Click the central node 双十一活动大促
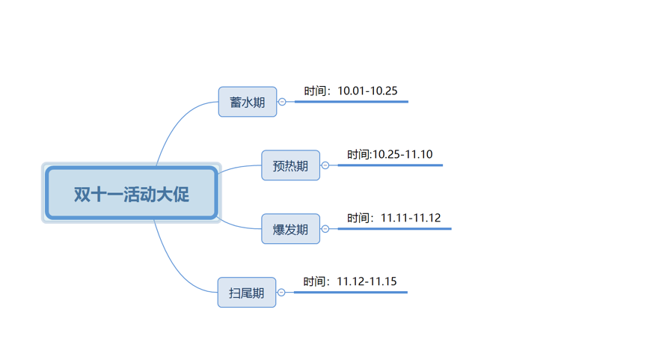coord(132,192)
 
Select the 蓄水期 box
coord(248,102)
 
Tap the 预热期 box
coord(290,165)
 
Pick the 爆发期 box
coord(290,229)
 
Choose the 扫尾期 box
coord(247,293)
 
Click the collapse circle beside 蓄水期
coord(282,102)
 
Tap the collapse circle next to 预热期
coord(325,165)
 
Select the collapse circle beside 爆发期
coord(325,229)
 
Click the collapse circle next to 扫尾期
coord(281,293)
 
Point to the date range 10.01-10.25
coord(368,91)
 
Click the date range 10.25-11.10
coord(402,154)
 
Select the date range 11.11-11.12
coord(411,218)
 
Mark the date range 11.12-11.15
coord(367,281)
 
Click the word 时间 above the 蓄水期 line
coord(315,91)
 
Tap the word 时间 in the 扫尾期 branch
coord(314,281)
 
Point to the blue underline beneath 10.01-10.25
coord(352,102)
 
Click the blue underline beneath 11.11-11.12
coord(394,229)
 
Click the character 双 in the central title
coord(82,195)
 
